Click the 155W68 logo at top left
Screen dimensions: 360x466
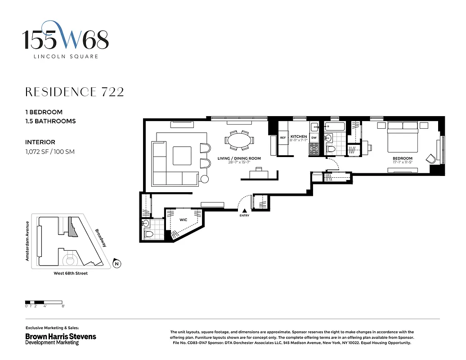click(66, 40)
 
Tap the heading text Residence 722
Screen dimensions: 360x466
click(74, 92)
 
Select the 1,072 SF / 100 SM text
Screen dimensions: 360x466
click(50, 152)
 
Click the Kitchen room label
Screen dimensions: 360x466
click(299, 136)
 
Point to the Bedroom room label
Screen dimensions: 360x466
click(402, 158)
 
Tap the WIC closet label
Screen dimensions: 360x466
click(183, 220)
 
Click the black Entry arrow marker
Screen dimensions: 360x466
click(244, 210)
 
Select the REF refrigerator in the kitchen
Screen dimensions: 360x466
click(283, 138)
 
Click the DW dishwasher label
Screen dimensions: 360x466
click(314, 138)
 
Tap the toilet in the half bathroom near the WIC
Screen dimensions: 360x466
click(149, 234)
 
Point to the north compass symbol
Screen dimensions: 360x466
click(117, 264)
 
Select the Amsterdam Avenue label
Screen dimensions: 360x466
click(27, 241)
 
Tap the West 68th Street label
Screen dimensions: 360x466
click(71, 273)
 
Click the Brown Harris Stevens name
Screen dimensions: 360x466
click(61, 336)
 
